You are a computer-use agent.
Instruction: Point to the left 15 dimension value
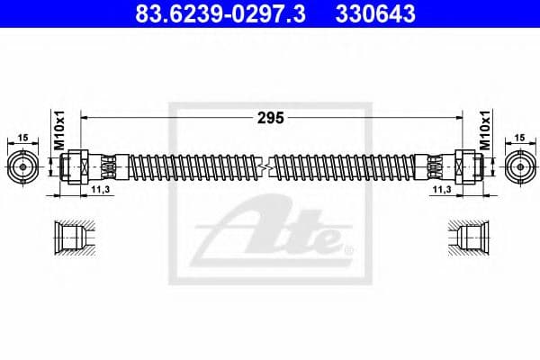(22, 138)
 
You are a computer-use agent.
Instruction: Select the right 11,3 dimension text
(442, 190)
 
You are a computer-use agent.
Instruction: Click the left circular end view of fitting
(22, 166)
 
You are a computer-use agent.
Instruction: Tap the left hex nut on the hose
(75, 166)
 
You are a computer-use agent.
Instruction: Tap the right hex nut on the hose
(465, 166)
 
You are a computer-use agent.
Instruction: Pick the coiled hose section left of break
(189, 166)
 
